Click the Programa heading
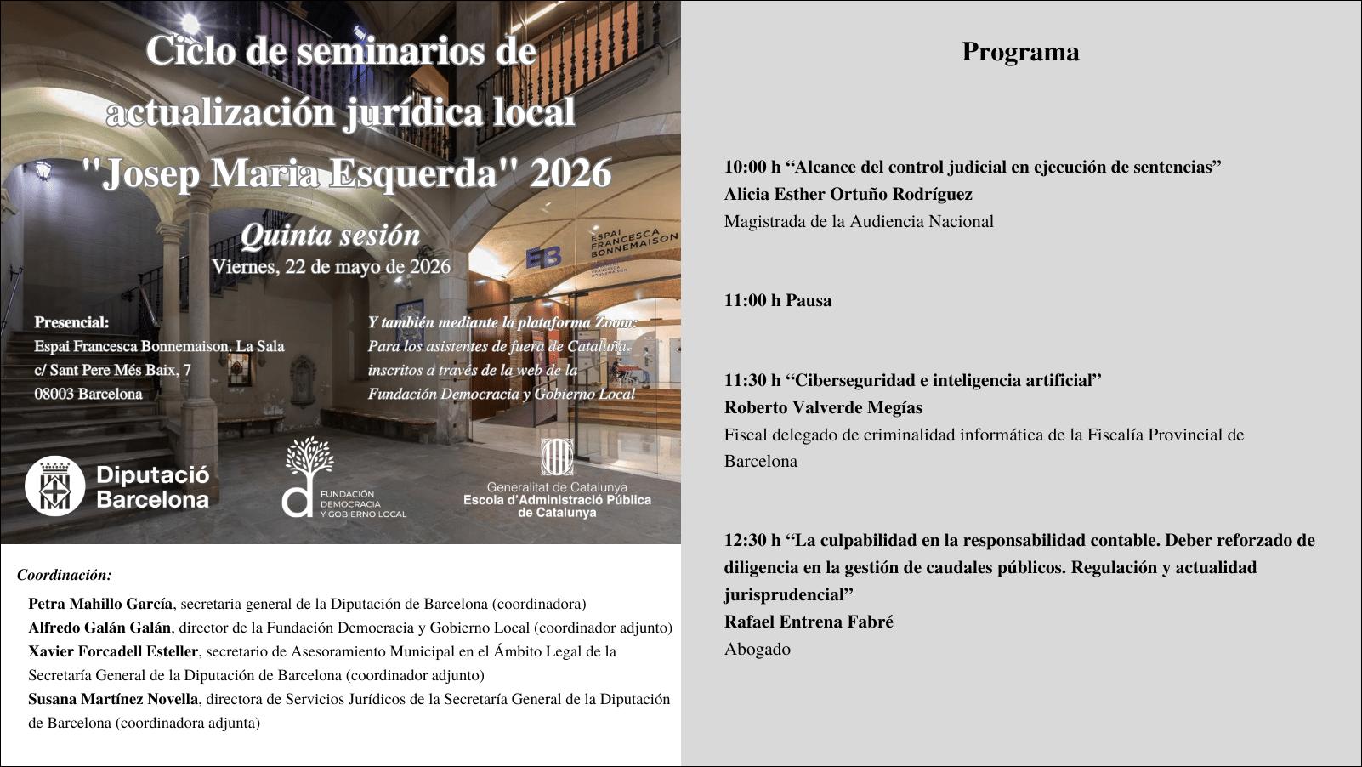tap(1020, 52)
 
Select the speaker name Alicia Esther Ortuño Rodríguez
tap(848, 194)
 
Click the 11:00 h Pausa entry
tap(778, 300)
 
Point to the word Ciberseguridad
tap(859, 380)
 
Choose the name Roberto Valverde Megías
tap(823, 407)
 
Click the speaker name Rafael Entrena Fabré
tap(809, 622)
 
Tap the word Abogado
tap(757, 649)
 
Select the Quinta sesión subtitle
tap(331, 235)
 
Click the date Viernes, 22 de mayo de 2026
tap(331, 266)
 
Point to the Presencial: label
tap(71, 322)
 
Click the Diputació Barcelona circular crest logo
tap(55, 487)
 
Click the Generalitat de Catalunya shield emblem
tap(557, 457)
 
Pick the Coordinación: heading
tap(65, 575)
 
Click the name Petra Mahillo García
tap(100, 604)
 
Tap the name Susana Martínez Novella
tap(113, 699)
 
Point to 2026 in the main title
tap(570, 173)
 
